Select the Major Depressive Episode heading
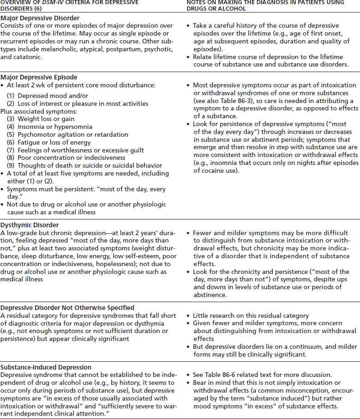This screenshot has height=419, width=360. tap(39, 77)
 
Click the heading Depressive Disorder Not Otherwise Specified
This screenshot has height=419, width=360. tap(67, 307)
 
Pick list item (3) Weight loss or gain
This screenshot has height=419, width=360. tap(41, 119)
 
